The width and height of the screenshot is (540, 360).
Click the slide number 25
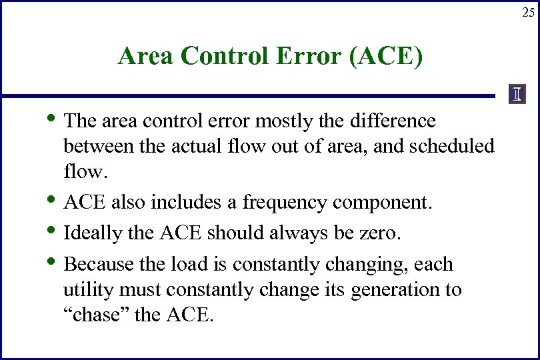pos(527,13)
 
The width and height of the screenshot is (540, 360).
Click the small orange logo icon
pos(516,95)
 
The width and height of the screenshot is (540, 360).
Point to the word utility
pos(85,291)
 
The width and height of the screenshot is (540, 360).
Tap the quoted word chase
pos(97,315)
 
